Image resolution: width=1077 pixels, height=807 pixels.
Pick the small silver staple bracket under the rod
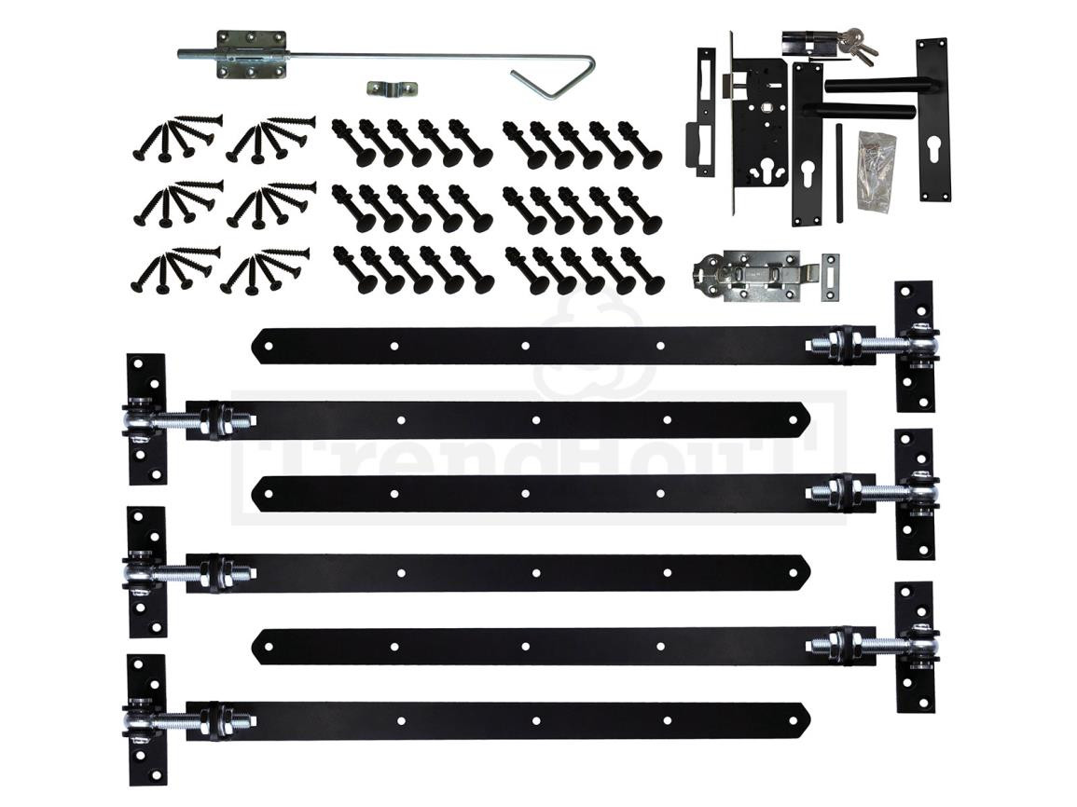[392, 89]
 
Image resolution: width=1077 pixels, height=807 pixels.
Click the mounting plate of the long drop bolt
[249, 54]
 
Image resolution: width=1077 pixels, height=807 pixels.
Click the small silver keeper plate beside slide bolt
[828, 276]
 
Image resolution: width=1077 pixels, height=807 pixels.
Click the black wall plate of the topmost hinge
[914, 346]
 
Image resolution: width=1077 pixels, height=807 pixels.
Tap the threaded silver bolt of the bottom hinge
[186, 720]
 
